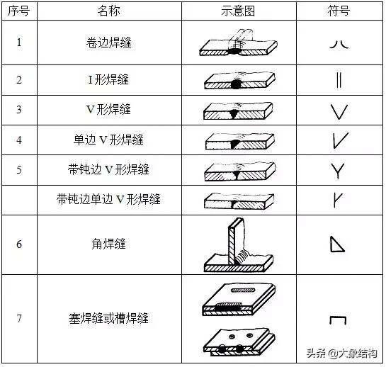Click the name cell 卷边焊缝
tap(108, 43)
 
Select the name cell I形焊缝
tap(108, 79)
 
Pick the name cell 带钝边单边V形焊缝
tap(108, 200)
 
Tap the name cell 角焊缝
tap(108, 244)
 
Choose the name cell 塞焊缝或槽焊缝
tap(108, 318)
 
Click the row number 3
tap(18, 110)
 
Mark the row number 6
tap(18, 244)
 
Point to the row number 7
tap(18, 318)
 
